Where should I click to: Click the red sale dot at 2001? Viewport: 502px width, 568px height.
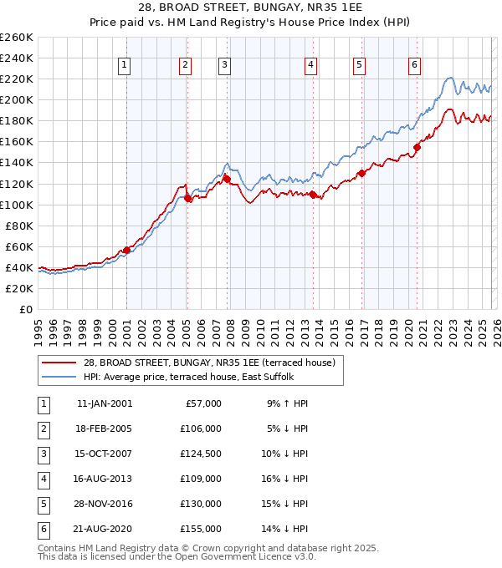(126, 250)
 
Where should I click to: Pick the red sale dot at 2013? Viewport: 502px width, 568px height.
(313, 195)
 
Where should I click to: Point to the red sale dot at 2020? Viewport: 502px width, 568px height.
(417, 147)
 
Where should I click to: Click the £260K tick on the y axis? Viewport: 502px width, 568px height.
(16, 38)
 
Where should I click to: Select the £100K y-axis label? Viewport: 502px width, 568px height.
(16, 205)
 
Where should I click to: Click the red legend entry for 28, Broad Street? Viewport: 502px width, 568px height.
(209, 363)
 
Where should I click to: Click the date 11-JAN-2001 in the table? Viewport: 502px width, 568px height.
(104, 403)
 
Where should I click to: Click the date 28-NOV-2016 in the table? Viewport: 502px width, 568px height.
(104, 504)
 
